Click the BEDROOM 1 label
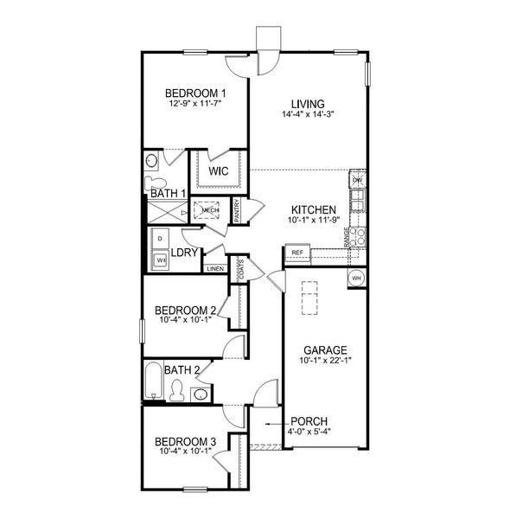pyautogui.click(x=196, y=93)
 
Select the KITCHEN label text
pyautogui.click(x=309, y=209)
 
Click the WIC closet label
pyautogui.click(x=220, y=171)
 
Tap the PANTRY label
pyautogui.click(x=238, y=212)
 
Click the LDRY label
pyautogui.click(x=186, y=253)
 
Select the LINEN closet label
pyautogui.click(x=215, y=269)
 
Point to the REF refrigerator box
pyautogui.click(x=297, y=253)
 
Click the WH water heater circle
pyautogui.click(x=357, y=278)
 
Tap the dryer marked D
pyautogui.click(x=160, y=238)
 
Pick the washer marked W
pyautogui.click(x=160, y=259)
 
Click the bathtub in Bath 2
pyautogui.click(x=155, y=382)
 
